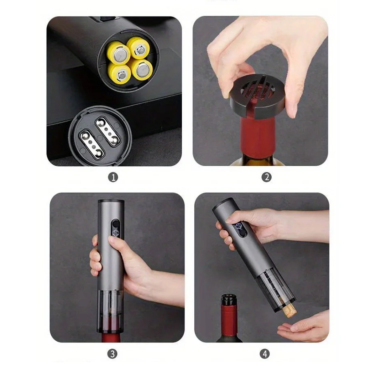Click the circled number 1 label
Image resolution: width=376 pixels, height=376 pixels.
click(x=113, y=177)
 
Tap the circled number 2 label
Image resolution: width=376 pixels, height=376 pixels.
click(x=267, y=177)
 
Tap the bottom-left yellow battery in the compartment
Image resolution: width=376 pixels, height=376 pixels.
click(x=119, y=73)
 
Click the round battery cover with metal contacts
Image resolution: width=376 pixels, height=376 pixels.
click(x=100, y=135)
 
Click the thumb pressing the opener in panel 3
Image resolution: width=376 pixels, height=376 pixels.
click(x=118, y=244)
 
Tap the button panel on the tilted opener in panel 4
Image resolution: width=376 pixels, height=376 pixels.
click(x=240, y=229)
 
